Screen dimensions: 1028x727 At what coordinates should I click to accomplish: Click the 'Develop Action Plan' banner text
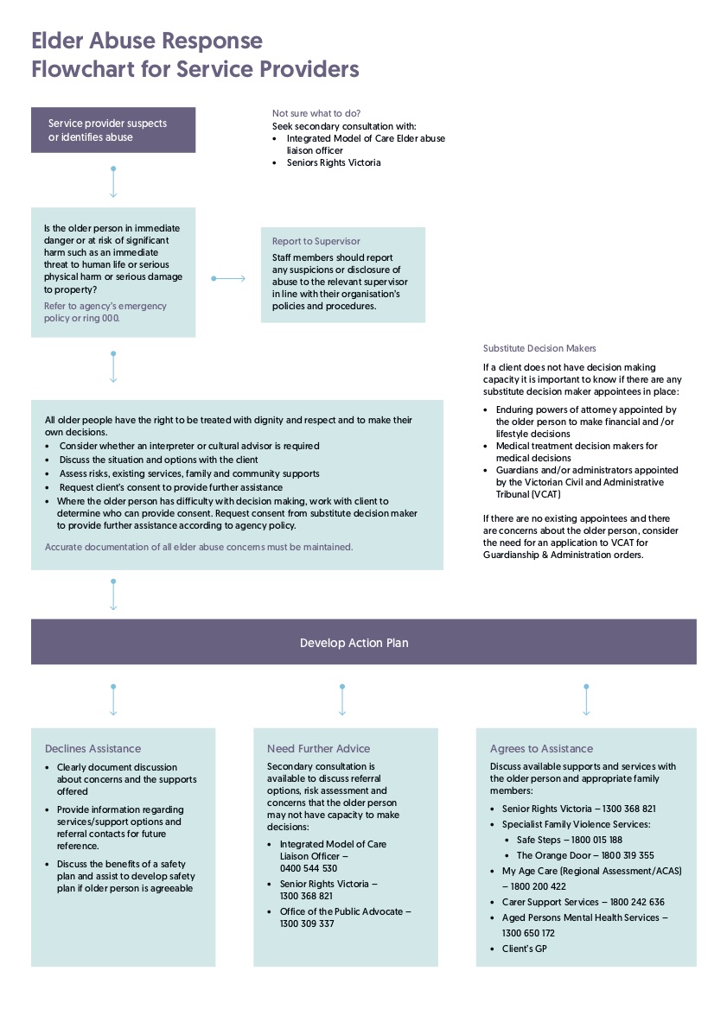[x=354, y=643]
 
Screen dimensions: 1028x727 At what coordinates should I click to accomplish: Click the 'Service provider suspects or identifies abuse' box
[x=113, y=130]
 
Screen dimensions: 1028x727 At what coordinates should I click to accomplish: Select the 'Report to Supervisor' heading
[x=316, y=241]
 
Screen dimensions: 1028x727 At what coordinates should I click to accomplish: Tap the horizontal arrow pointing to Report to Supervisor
[x=228, y=278]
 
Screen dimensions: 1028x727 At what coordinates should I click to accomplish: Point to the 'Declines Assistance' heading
[x=92, y=748]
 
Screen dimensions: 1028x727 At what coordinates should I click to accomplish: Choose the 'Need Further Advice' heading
[x=318, y=748]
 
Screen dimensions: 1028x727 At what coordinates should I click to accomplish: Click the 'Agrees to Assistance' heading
[x=541, y=748]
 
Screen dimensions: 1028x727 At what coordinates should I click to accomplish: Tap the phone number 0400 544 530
[x=309, y=868]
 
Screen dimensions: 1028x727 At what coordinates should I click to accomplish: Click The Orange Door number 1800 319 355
[x=622, y=855]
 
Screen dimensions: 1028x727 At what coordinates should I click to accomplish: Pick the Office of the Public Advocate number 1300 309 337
[x=307, y=923]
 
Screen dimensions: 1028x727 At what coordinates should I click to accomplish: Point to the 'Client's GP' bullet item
[x=524, y=949]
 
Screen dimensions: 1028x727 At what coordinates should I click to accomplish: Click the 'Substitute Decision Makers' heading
[x=539, y=348]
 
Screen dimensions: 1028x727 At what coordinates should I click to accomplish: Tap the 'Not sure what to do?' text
[x=316, y=113]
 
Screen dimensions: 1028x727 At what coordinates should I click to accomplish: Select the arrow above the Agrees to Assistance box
[x=586, y=700]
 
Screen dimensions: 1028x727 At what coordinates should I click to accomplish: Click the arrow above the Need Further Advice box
[x=342, y=700]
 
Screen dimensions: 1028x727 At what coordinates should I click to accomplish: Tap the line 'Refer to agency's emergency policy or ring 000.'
[x=105, y=312]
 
